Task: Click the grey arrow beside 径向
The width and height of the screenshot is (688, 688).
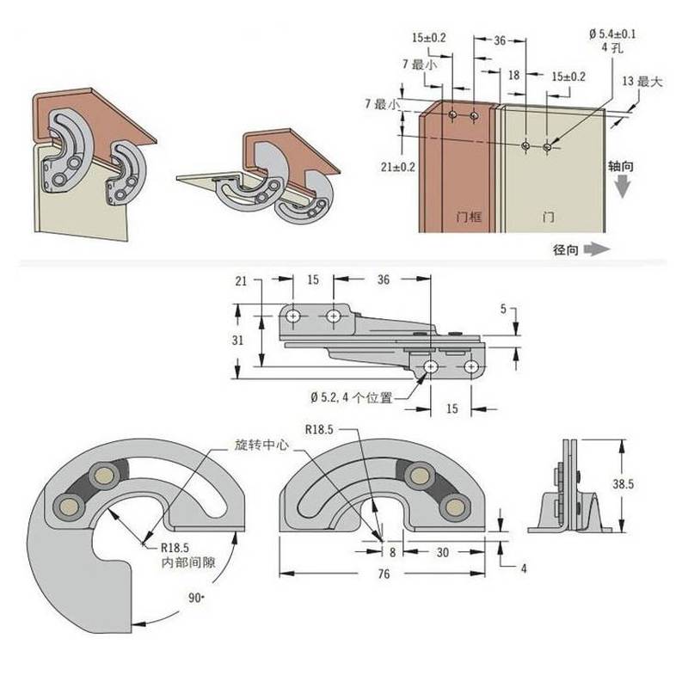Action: click(596, 249)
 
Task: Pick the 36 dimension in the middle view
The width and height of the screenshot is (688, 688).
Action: click(384, 279)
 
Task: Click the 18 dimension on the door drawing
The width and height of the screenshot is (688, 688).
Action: click(513, 76)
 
